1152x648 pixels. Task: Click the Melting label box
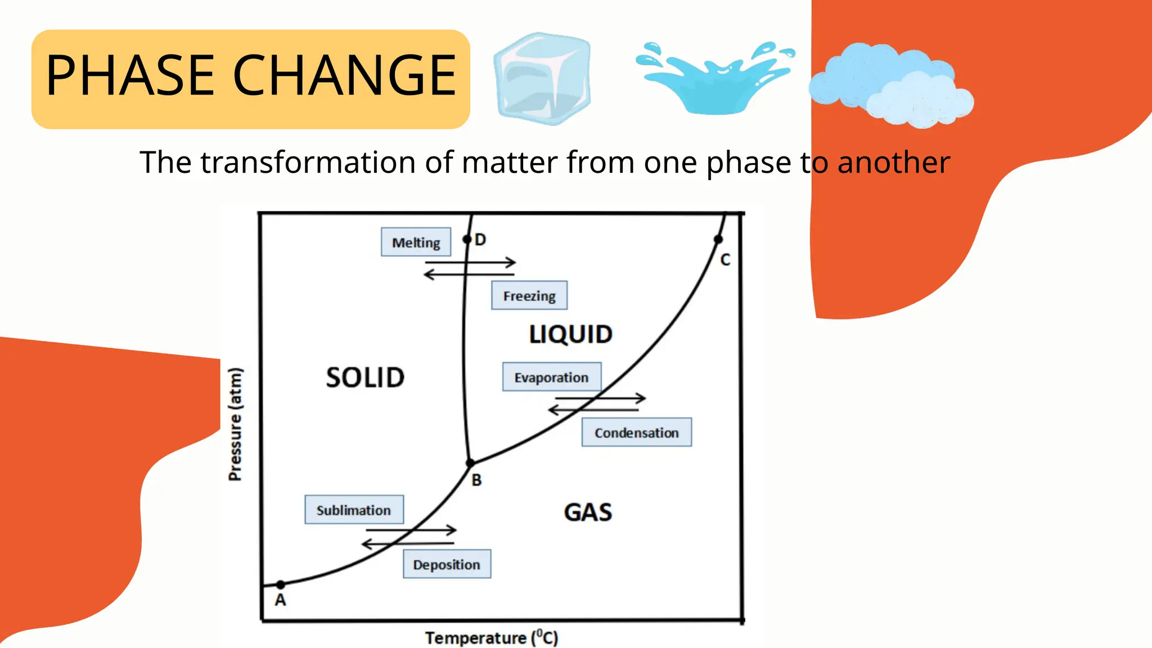[x=416, y=242]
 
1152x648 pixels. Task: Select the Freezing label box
[x=529, y=295]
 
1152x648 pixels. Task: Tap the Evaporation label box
[x=551, y=377]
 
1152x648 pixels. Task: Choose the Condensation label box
[x=636, y=433]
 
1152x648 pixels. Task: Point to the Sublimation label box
[x=354, y=510]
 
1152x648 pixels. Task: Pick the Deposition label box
[x=447, y=564]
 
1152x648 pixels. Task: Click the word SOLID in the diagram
[x=365, y=377]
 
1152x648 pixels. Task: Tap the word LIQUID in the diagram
[x=570, y=335]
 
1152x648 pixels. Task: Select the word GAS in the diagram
[x=588, y=512]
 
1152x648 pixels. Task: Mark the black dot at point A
[x=281, y=585]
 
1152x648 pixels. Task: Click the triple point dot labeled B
[x=471, y=463]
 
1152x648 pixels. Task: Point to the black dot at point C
[x=718, y=240]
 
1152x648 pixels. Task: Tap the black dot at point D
[x=467, y=240]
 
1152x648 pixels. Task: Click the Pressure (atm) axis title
[x=235, y=424]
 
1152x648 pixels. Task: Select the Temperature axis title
[x=491, y=638]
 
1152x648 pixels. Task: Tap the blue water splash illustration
[x=714, y=79]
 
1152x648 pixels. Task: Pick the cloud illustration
[x=892, y=84]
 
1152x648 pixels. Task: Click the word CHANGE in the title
[x=344, y=75]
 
